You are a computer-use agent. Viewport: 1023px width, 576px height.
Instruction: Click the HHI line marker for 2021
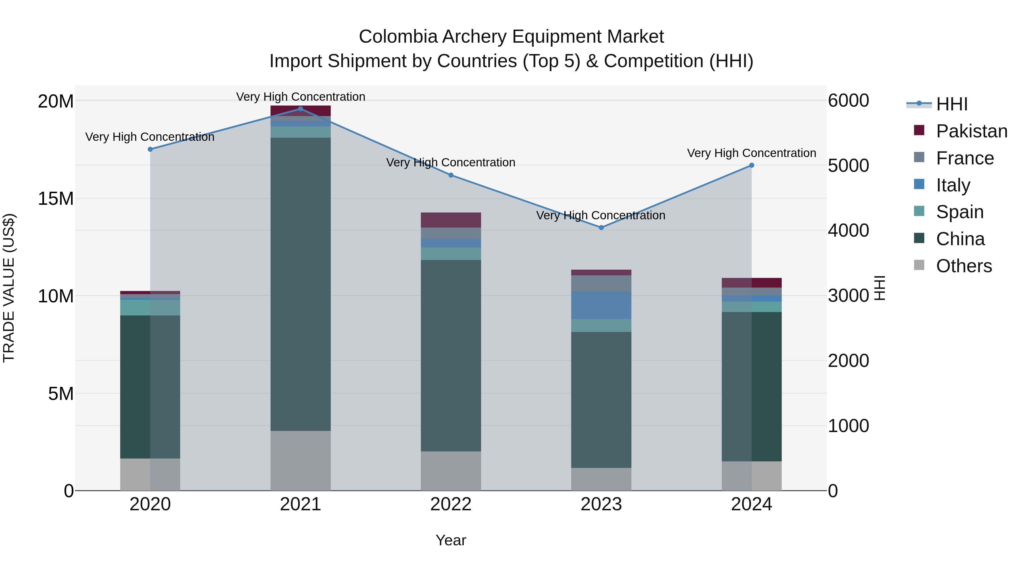(300, 109)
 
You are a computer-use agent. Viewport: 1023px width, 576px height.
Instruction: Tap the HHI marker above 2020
(150, 149)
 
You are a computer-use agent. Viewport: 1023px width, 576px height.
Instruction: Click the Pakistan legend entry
(971, 131)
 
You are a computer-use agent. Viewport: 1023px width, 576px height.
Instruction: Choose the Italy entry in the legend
(953, 185)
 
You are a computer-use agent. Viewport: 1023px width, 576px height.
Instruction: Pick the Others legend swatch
(919, 265)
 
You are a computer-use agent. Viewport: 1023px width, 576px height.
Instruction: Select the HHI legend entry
(951, 104)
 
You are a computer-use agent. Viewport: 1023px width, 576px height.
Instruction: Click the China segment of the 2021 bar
(300, 284)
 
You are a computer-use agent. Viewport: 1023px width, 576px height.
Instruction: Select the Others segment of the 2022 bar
(451, 471)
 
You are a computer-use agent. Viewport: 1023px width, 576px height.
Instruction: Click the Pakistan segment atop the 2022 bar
(451, 220)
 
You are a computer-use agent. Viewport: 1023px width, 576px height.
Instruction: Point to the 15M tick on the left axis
(56, 198)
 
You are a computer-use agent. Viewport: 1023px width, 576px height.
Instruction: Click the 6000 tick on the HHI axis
(848, 101)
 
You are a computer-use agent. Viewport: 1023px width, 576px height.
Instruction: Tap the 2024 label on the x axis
(751, 504)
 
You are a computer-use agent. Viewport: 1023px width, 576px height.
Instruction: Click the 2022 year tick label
(451, 504)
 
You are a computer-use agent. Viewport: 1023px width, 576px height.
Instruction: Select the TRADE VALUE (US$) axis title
(9, 288)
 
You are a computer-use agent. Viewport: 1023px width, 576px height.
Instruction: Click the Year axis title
(451, 540)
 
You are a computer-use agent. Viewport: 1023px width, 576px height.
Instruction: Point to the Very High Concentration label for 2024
(751, 153)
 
